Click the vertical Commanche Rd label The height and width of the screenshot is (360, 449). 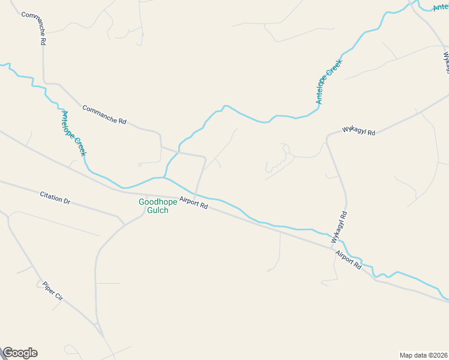(34, 29)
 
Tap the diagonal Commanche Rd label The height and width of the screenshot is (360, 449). (104, 115)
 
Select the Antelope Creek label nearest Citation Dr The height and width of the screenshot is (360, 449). (74, 133)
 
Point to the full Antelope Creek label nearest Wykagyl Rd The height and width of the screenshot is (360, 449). (329, 82)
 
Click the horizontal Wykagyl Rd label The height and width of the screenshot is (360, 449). (358, 130)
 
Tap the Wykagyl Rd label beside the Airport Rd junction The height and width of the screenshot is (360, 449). (339, 227)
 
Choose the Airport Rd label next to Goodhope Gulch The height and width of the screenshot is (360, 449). (193, 204)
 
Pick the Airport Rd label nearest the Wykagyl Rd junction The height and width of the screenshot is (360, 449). (349, 259)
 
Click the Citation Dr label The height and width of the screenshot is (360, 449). (55, 198)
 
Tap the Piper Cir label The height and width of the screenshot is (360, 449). (53, 290)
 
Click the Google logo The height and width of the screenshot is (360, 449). (20, 353)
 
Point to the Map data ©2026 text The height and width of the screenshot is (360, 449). (423, 355)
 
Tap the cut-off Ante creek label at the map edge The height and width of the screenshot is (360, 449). (441, 7)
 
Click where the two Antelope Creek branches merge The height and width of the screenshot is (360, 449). (164, 177)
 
